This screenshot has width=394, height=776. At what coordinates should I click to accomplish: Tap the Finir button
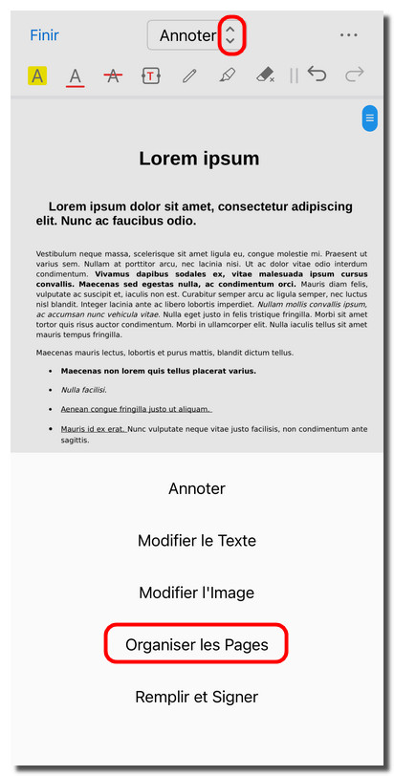[x=44, y=35]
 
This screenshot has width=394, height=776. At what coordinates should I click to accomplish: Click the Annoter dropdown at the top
[x=197, y=35]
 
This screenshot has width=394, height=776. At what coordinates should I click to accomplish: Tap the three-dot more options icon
[x=348, y=35]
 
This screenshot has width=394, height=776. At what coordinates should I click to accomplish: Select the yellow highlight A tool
[x=36, y=75]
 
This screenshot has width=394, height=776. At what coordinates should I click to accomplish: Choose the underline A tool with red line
[x=76, y=75]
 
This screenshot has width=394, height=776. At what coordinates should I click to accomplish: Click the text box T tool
[x=151, y=75]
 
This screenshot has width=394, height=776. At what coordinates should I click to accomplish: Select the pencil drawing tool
[x=189, y=75]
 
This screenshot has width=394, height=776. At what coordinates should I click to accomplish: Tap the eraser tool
[x=265, y=75]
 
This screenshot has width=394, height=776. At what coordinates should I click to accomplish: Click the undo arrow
[x=317, y=75]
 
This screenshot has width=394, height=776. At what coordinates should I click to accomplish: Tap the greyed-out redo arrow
[x=354, y=75]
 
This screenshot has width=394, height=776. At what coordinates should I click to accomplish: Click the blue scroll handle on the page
[x=369, y=119]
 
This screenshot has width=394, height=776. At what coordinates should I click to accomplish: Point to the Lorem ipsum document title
[x=199, y=159]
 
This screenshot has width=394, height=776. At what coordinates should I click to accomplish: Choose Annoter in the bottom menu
[x=197, y=488]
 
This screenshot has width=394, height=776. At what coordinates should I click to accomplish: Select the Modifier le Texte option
[x=197, y=541]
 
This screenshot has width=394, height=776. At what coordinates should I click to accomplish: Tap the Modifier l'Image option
[x=197, y=593]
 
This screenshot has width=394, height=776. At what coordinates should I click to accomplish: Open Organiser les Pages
[x=197, y=645]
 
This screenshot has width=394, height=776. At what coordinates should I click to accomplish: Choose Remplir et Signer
[x=197, y=697]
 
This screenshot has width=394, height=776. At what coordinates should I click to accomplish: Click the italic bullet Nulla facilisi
[x=84, y=390]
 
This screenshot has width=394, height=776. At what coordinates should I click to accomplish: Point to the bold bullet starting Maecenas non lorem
[x=159, y=371]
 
